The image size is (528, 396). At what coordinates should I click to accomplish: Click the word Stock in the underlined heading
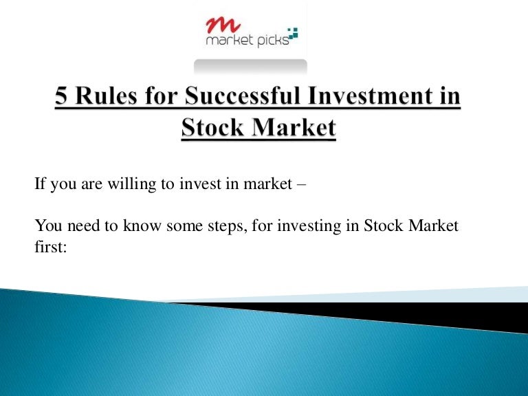point(212,129)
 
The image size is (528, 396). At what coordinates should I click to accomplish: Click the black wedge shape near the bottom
point(412,313)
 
